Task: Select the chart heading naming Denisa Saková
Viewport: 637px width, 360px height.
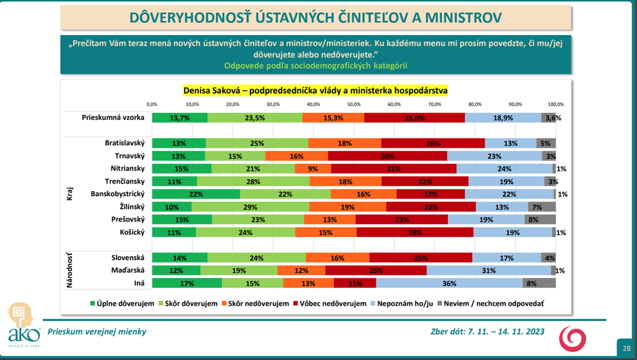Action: pyautogui.click(x=315, y=91)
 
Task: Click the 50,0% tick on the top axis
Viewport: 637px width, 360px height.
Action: pyautogui.click(x=354, y=104)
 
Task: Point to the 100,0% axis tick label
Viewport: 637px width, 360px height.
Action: pyautogui.click(x=555, y=104)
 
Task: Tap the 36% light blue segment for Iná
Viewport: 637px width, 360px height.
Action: pyautogui.click(x=449, y=283)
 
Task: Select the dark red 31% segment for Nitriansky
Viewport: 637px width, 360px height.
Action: pyautogui.click(x=394, y=168)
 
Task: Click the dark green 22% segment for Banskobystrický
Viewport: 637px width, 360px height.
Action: pyautogui.click(x=196, y=194)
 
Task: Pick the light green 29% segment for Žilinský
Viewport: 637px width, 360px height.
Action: pyautogui.click(x=250, y=206)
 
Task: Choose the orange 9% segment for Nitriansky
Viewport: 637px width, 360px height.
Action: pyautogui.click(x=313, y=168)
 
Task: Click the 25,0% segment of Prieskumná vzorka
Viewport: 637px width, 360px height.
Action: pyautogui.click(x=415, y=117)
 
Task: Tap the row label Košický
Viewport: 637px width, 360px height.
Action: pyautogui.click(x=131, y=233)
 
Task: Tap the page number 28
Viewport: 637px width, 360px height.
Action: pyautogui.click(x=627, y=348)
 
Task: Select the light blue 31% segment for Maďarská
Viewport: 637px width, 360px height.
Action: pyautogui.click(x=489, y=270)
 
